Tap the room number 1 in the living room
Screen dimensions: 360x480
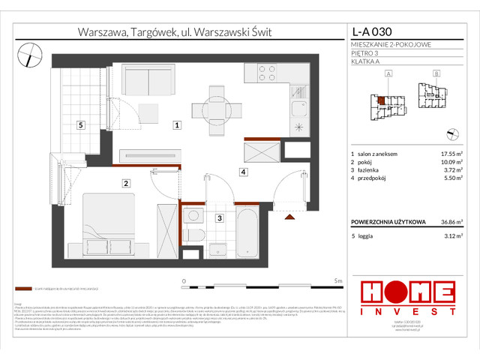176,126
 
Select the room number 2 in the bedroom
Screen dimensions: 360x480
127,182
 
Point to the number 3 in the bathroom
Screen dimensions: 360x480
218,218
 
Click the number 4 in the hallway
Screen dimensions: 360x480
244,172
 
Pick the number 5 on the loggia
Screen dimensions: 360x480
80,126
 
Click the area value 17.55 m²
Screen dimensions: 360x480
450,153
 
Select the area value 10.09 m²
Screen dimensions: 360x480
450,163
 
